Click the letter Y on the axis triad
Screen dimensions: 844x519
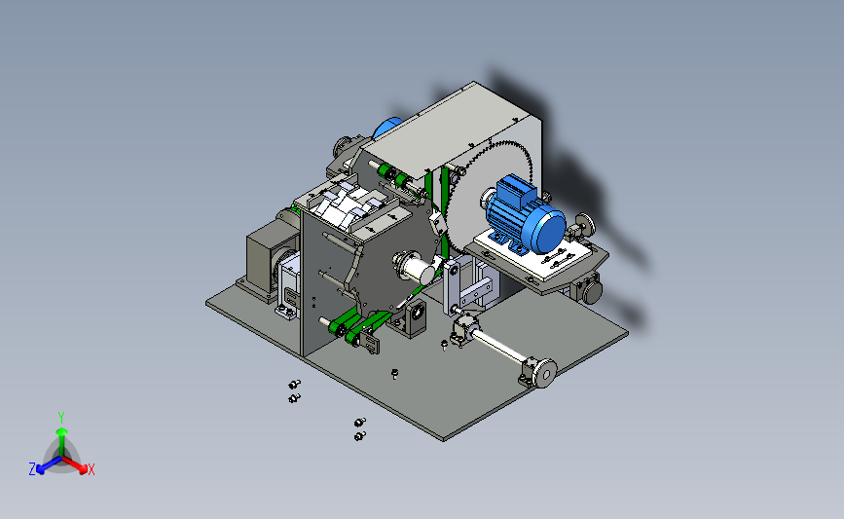tap(61, 418)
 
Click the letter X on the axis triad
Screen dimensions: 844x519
tap(91, 469)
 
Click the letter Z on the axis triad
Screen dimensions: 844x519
tap(32, 469)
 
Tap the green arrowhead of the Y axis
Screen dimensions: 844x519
tap(62, 432)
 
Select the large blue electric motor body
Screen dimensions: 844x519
tap(522, 214)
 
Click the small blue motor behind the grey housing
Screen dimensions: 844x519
tap(386, 129)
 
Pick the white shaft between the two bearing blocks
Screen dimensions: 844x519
tap(497, 347)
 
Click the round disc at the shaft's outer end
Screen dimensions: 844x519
tap(546, 373)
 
